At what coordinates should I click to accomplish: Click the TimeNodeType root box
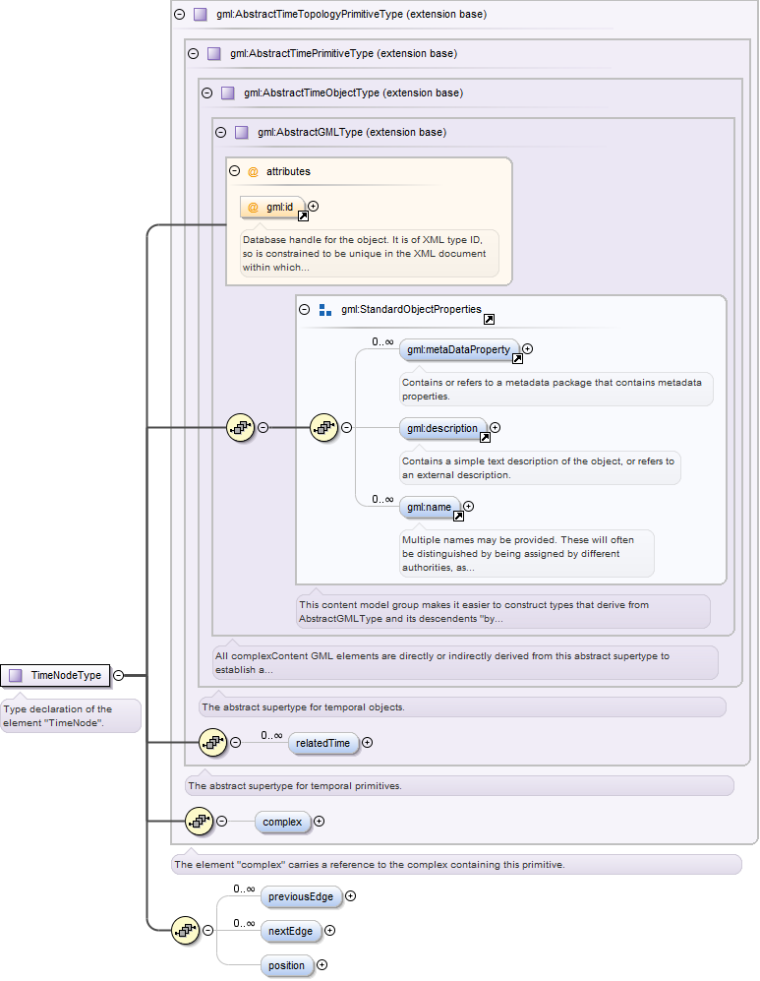pyautogui.click(x=55, y=676)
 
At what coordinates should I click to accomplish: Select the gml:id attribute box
pyautogui.click(x=272, y=207)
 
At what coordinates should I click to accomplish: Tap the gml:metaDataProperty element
pyautogui.click(x=459, y=349)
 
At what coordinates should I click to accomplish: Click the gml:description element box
pyautogui.click(x=443, y=429)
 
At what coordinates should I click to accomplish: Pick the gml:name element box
pyautogui.click(x=430, y=508)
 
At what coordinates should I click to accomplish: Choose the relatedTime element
pyautogui.click(x=323, y=743)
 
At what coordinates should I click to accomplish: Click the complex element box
pyautogui.click(x=282, y=822)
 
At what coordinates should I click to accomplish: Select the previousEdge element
pyautogui.click(x=301, y=896)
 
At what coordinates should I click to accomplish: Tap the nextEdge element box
pyautogui.click(x=291, y=931)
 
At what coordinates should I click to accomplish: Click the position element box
pyautogui.click(x=287, y=965)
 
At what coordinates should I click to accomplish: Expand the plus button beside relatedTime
pyautogui.click(x=368, y=743)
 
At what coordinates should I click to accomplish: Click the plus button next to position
pyautogui.click(x=322, y=964)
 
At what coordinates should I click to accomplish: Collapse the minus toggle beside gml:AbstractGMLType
pyautogui.click(x=220, y=132)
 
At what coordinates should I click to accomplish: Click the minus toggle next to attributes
pyautogui.click(x=234, y=171)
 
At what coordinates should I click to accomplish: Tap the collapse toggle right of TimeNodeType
pyautogui.click(x=118, y=675)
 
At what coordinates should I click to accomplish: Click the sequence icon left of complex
pyautogui.click(x=200, y=821)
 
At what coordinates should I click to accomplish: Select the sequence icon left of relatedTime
pyautogui.click(x=213, y=743)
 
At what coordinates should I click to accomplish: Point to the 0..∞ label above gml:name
pyautogui.click(x=382, y=499)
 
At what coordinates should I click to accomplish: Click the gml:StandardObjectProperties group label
pyautogui.click(x=411, y=310)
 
